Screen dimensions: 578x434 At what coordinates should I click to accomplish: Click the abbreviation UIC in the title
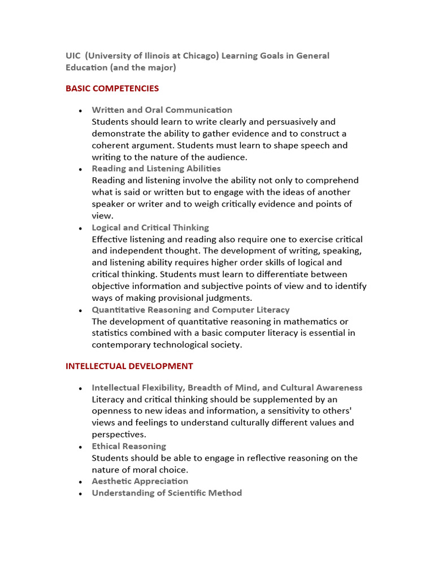(x=73, y=56)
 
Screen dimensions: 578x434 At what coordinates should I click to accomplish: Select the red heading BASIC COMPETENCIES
(x=112, y=89)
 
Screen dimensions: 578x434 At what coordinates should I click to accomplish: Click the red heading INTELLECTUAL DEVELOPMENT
(x=129, y=366)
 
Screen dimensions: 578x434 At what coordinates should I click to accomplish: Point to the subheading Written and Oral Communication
(x=162, y=110)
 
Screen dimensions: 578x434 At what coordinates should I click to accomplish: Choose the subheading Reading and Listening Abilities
(x=157, y=169)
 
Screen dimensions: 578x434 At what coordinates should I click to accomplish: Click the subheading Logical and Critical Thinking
(x=150, y=227)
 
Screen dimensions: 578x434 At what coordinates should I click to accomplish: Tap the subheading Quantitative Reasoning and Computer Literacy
(x=190, y=310)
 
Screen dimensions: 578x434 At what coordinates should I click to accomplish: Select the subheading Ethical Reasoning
(x=129, y=446)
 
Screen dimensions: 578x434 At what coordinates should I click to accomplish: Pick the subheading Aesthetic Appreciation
(x=140, y=481)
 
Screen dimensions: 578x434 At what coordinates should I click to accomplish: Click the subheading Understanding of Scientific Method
(x=167, y=493)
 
